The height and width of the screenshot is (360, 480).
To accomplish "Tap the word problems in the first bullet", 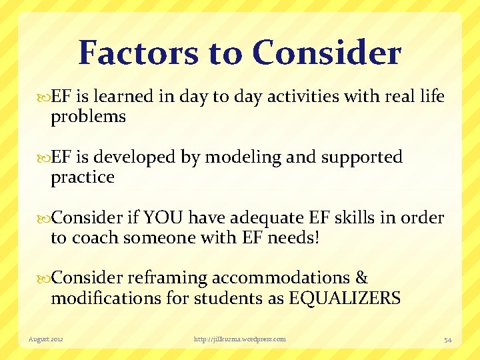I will (x=88, y=117).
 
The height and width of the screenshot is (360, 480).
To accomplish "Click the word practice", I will (x=83, y=177).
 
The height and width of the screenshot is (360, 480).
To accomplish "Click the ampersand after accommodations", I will (x=361, y=278).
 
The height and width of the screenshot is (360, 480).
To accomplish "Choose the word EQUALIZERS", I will (x=345, y=298).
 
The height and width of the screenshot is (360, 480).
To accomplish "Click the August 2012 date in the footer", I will (x=45, y=339).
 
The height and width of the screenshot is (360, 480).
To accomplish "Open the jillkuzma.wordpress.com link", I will (x=239, y=339).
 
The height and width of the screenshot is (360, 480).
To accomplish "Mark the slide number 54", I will (x=447, y=340).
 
